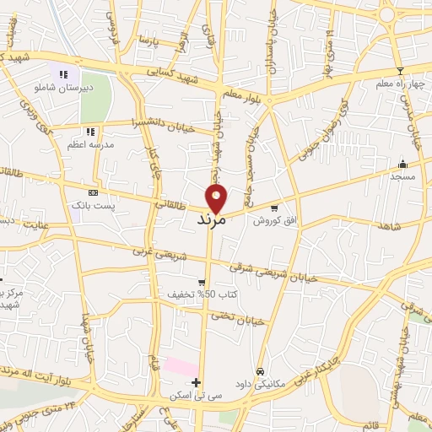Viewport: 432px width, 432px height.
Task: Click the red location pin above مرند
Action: [x=217, y=198]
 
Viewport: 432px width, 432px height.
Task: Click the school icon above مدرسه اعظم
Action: [x=90, y=132]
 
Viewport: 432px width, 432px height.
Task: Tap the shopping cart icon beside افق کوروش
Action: [x=274, y=208]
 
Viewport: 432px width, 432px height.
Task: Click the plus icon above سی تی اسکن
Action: [x=196, y=383]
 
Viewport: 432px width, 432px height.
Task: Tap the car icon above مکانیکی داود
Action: [x=261, y=371]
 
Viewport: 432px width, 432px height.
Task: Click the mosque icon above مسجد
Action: [x=402, y=164]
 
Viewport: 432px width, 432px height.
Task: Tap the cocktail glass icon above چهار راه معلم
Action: [x=399, y=70]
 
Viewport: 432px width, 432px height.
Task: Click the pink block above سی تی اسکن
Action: [x=180, y=368]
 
